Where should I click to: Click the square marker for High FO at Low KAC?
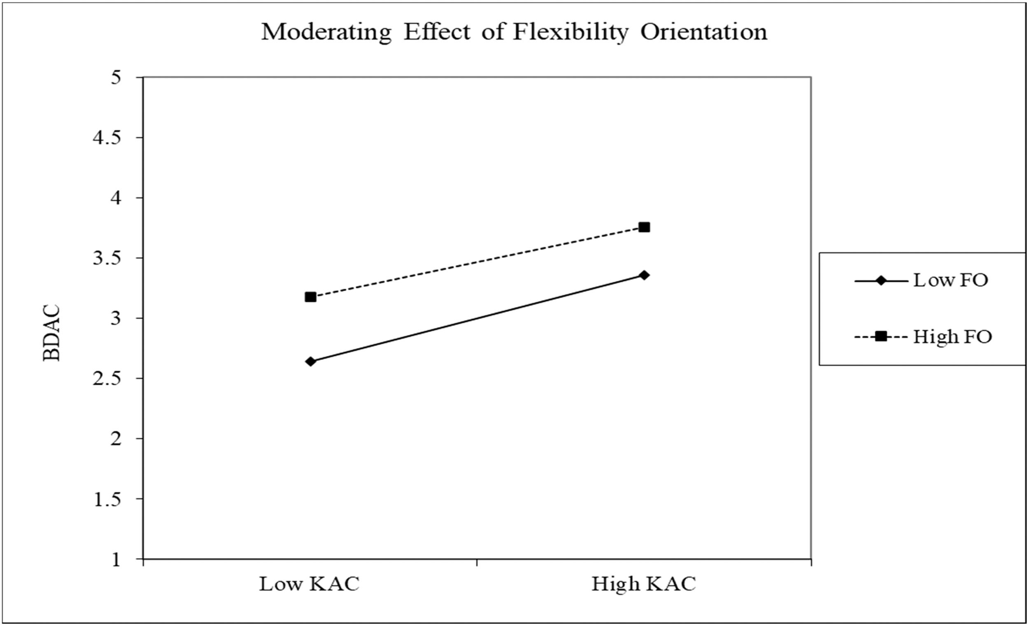click(x=310, y=297)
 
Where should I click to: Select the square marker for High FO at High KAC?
click(x=644, y=227)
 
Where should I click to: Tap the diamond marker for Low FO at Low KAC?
click(x=310, y=362)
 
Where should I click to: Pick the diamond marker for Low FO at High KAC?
click(x=644, y=275)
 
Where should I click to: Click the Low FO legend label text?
click(x=950, y=280)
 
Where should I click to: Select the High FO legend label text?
click(x=952, y=336)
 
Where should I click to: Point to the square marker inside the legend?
click(x=881, y=336)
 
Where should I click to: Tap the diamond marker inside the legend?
click(x=881, y=281)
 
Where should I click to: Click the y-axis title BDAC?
click(x=52, y=333)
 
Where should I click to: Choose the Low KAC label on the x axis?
click(x=309, y=584)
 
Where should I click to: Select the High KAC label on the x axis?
click(x=644, y=584)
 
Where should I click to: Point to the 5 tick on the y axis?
click(x=116, y=78)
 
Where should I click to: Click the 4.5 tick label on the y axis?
click(x=107, y=138)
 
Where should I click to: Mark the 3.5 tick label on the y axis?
click(x=107, y=258)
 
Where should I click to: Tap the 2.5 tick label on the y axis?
click(x=107, y=378)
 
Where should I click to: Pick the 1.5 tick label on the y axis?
click(x=107, y=499)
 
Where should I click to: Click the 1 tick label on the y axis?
click(x=116, y=560)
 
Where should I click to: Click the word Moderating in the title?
click(x=326, y=32)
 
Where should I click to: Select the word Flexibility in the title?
click(x=570, y=32)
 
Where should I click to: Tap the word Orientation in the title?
click(x=704, y=32)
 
